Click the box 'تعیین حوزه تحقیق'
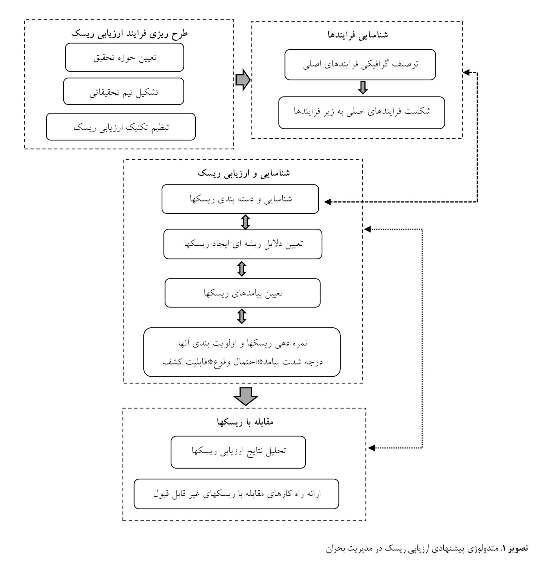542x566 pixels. click(124, 57)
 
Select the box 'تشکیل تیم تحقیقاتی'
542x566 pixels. click(124, 91)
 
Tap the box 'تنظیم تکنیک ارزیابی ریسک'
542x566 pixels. click(120, 127)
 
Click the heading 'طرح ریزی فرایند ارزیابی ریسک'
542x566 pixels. click(129, 33)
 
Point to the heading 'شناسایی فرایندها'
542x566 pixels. click(358, 35)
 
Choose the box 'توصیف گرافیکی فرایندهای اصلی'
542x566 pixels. click(360, 65)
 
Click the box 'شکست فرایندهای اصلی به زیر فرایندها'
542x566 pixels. click(361, 112)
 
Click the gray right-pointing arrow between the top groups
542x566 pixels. click(243, 80)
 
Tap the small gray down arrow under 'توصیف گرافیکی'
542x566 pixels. click(362, 88)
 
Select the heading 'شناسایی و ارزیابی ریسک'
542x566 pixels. click(244, 173)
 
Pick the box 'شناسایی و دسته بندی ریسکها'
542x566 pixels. click(240, 199)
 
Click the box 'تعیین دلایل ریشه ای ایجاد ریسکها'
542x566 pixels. click(243, 244)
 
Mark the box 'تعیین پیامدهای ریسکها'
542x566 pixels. click(242, 293)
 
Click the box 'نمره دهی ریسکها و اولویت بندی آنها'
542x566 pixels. click(242, 352)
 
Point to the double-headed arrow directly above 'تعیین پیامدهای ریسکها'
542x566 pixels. click(242, 269)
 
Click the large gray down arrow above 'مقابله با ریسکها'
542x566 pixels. click(245, 396)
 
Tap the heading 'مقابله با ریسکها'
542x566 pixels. click(245, 422)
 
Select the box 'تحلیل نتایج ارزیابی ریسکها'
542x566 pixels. click(238, 452)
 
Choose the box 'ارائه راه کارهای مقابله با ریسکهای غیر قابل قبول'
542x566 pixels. click(236, 494)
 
